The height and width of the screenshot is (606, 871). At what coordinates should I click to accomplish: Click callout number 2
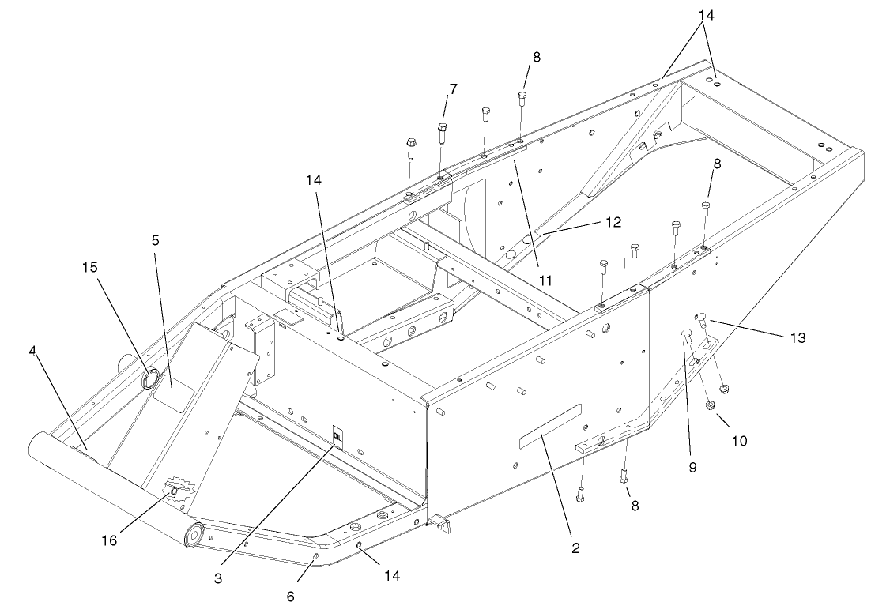click(x=575, y=548)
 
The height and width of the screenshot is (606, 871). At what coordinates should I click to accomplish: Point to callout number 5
click(x=155, y=239)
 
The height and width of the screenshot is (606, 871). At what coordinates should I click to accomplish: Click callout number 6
click(x=290, y=597)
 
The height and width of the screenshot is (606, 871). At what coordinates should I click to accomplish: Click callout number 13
click(x=797, y=337)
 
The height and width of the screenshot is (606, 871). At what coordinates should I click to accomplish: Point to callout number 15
click(x=90, y=267)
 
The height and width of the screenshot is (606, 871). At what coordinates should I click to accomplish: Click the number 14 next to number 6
click(x=392, y=576)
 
